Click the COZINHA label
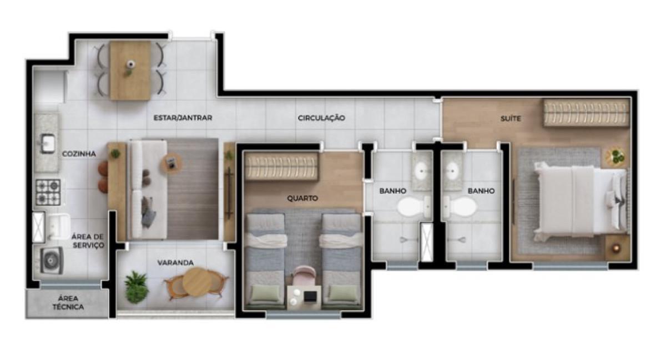[x=79, y=154]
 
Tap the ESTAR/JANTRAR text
[x=183, y=118]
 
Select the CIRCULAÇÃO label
[x=321, y=118]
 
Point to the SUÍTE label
[x=511, y=119]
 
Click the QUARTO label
[x=302, y=198]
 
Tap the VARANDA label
[x=175, y=263]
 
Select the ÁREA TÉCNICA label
[x=68, y=303]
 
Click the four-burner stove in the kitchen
[x=48, y=192]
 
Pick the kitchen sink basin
[x=48, y=144]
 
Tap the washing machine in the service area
[x=52, y=260]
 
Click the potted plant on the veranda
[x=137, y=287]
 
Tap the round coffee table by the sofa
[x=171, y=164]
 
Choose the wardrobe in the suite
[x=587, y=113]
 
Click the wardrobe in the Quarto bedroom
[x=282, y=167]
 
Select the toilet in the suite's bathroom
[x=460, y=206]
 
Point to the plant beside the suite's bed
[x=615, y=156]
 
